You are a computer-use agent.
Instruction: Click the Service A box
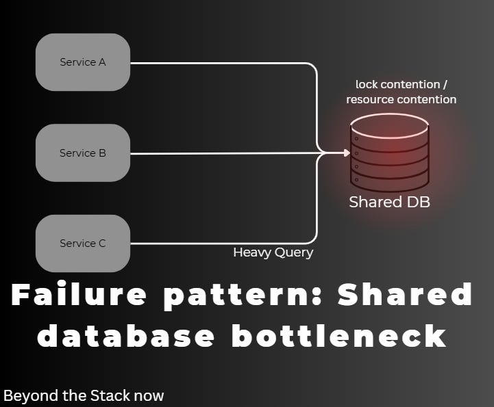[x=83, y=62]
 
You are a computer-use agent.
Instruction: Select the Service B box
[x=83, y=153]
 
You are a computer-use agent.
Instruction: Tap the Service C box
[x=83, y=244]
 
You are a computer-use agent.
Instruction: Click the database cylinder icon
[x=389, y=154]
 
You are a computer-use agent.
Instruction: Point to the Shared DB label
[x=389, y=202]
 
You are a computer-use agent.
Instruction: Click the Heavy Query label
[x=273, y=252]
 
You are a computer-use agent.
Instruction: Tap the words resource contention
[x=401, y=99]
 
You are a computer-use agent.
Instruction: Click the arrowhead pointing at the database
[x=346, y=153]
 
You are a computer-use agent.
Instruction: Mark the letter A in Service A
[x=102, y=62]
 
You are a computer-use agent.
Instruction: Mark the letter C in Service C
[x=102, y=244]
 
